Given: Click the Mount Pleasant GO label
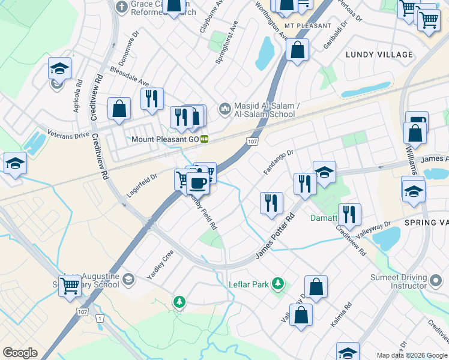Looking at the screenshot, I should pyautogui.click(x=165, y=139).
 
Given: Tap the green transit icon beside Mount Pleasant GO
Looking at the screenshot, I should pyautogui.click(x=204, y=139).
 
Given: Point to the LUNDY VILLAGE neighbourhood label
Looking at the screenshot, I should pyautogui.click(x=379, y=55).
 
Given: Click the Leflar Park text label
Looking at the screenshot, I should pyautogui.click(x=249, y=284).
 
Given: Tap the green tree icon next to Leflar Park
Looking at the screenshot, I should pyautogui.click(x=277, y=282).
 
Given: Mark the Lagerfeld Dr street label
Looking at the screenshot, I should pyautogui.click(x=142, y=185).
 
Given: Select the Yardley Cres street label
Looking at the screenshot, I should pyautogui.click(x=160, y=266).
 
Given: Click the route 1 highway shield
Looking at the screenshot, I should pyautogui.click(x=99, y=317).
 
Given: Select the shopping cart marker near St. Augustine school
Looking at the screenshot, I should pyautogui.click(x=70, y=288).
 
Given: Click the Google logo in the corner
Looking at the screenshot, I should pyautogui.click(x=20, y=353).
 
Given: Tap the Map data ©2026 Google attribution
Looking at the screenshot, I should pyautogui.click(x=411, y=355).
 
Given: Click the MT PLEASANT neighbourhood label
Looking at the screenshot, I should pyautogui.click(x=308, y=26).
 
